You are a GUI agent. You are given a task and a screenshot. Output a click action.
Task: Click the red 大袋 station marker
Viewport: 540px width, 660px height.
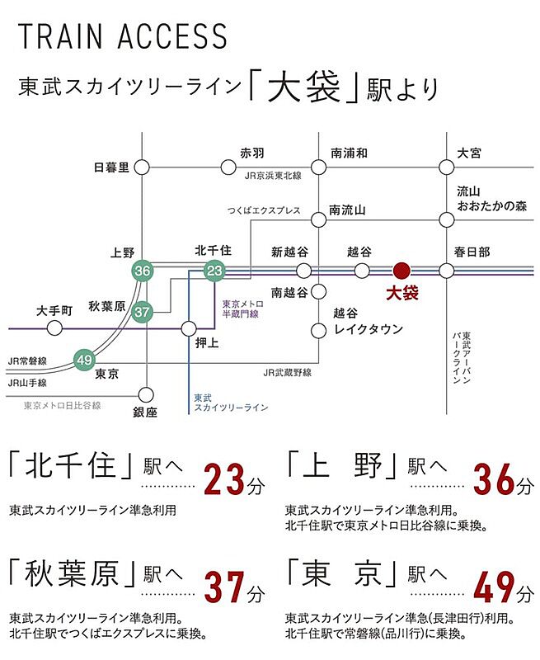click(401, 271)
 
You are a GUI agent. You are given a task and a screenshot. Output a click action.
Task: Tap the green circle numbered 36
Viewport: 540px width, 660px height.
click(142, 271)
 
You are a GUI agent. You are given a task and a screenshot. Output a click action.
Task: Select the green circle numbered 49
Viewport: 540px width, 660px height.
click(84, 360)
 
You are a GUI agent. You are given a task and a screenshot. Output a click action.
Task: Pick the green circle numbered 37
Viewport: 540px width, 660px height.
click(142, 312)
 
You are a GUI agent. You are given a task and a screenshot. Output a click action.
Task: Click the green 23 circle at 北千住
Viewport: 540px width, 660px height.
click(214, 271)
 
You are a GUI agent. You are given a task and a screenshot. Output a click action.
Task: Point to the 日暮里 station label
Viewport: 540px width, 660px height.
click(111, 167)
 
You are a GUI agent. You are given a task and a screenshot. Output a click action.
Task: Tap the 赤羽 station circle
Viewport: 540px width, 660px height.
click(228, 167)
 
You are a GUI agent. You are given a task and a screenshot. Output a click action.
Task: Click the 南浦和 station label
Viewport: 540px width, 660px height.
click(349, 153)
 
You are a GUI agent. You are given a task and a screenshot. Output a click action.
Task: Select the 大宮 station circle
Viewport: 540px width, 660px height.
click(447, 167)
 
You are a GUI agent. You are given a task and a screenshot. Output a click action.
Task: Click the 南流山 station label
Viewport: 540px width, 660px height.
click(347, 210)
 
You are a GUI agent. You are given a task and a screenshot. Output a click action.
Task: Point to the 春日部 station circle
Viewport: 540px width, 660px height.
click(447, 271)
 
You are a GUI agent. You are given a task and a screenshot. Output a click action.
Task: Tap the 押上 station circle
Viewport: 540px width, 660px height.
click(189, 328)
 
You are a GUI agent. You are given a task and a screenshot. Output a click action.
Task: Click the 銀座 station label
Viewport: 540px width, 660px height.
click(145, 412)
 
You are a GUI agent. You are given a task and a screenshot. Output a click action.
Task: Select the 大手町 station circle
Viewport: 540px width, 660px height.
click(54, 328)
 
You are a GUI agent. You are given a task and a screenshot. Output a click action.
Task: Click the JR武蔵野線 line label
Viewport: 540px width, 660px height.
click(288, 373)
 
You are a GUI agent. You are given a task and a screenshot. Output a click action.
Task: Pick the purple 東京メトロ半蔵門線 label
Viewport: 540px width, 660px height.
click(242, 309)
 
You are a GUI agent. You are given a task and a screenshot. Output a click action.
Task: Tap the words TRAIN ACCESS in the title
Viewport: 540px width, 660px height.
click(123, 36)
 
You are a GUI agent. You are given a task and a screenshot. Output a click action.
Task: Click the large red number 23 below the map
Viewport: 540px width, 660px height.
click(224, 479)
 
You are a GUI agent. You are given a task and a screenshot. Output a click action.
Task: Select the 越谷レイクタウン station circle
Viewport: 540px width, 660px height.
click(319, 331)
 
